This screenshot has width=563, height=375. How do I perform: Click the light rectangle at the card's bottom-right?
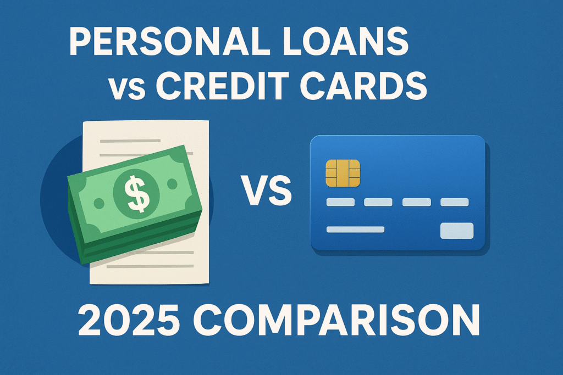(456, 231)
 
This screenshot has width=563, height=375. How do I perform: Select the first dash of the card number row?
(341, 202)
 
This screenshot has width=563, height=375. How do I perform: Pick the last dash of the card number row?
(454, 202)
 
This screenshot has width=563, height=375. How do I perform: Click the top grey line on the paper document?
(128, 141)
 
